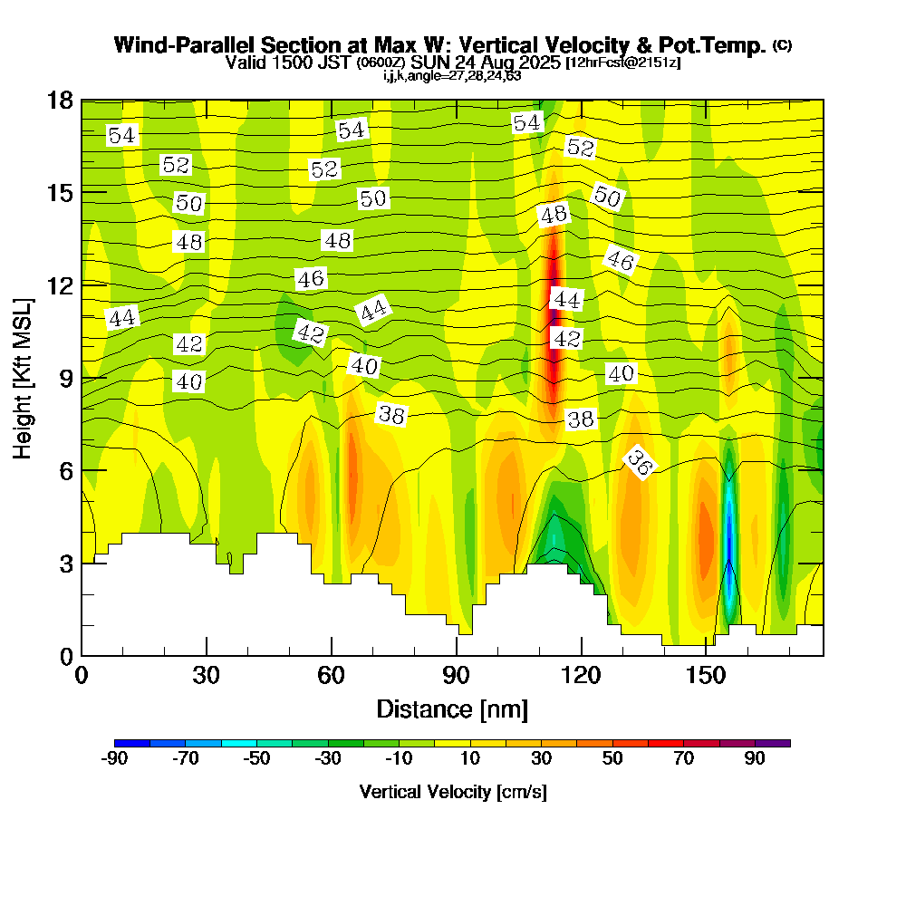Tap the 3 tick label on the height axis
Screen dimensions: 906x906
65,563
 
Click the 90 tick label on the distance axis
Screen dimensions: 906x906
456,677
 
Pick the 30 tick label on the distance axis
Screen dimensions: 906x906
207,677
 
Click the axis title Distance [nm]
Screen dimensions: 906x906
452,708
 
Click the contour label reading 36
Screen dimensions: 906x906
640,462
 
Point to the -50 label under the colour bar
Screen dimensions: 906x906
256,759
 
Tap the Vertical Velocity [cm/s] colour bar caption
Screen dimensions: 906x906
452,792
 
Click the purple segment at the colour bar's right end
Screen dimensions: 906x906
780,743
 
